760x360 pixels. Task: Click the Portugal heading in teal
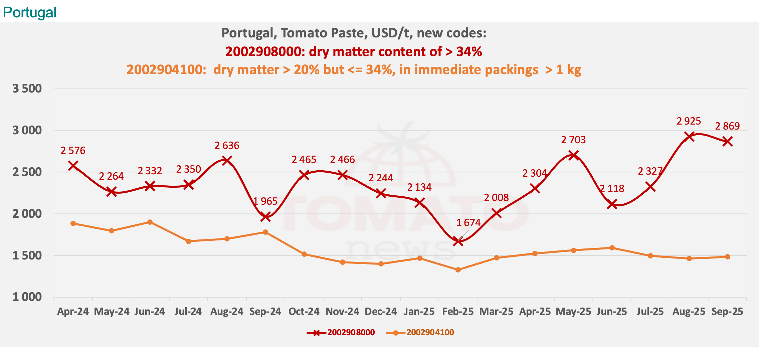29,13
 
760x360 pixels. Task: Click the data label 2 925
689,121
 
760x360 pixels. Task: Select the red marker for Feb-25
458,241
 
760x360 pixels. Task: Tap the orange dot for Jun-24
150,222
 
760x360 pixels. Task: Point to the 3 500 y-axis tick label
27,89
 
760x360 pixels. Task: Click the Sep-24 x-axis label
265,312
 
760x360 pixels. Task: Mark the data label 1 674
468,223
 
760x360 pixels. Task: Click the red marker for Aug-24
227,160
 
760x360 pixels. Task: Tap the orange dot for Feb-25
458,270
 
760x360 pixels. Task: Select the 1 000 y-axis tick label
27,297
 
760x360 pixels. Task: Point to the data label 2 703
573,140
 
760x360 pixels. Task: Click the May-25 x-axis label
573,312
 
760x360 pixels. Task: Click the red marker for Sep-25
728,141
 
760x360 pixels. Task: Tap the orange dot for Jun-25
612,248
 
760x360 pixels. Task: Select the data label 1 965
265,201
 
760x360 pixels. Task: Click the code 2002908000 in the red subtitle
263,52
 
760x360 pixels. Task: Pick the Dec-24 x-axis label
381,312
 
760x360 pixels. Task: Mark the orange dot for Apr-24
73,223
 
